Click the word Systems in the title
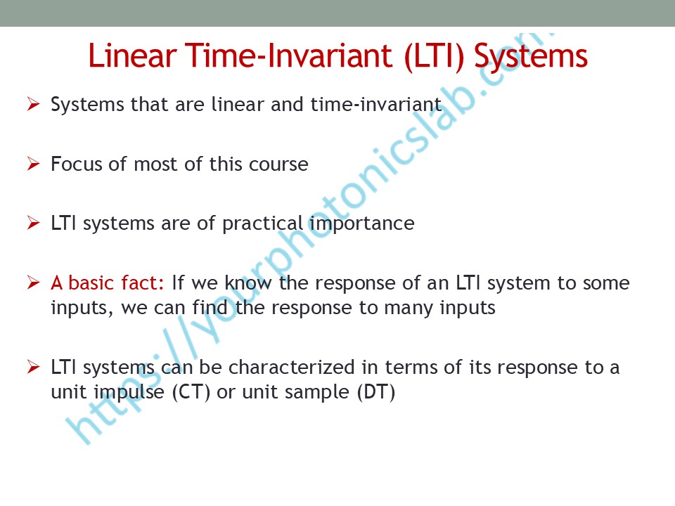[x=531, y=58]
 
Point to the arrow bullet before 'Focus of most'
[x=33, y=164]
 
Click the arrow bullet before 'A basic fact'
[x=33, y=283]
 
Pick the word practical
[x=262, y=224]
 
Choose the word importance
[x=361, y=224]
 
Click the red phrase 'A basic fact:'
[x=107, y=283]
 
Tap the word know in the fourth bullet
[x=248, y=283]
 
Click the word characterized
[x=291, y=367]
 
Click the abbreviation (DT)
[x=375, y=392]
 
